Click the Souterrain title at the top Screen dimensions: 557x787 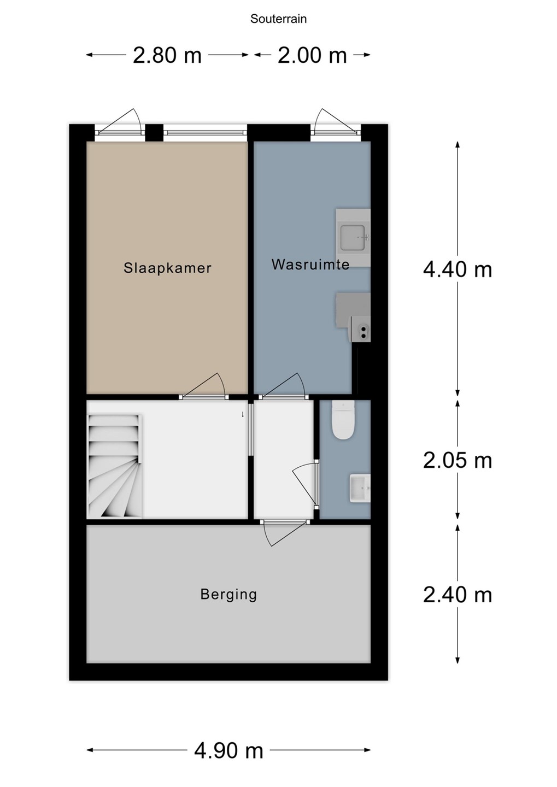pyautogui.click(x=278, y=19)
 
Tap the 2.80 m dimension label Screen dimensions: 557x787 pyautogui.click(x=167, y=56)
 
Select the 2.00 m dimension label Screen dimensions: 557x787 pyautogui.click(x=312, y=56)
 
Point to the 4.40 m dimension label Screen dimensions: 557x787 pyautogui.click(x=457, y=270)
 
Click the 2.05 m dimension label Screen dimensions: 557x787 pyautogui.click(x=457, y=461)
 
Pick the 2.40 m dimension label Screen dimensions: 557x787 pyautogui.click(x=457, y=595)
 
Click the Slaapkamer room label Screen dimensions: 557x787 pyautogui.click(x=167, y=268)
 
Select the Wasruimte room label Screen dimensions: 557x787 pyautogui.click(x=310, y=264)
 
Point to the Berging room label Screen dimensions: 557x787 pyautogui.click(x=229, y=595)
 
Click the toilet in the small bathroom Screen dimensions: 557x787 pyautogui.click(x=343, y=420)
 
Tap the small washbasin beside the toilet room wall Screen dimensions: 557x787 pyautogui.click(x=360, y=488)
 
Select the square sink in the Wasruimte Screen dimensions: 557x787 pyautogui.click(x=353, y=238)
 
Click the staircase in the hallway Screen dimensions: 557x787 pyautogui.click(x=115, y=466)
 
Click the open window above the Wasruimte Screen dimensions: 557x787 pyautogui.click(x=336, y=122)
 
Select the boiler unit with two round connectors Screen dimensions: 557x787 pyautogui.click(x=361, y=329)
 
